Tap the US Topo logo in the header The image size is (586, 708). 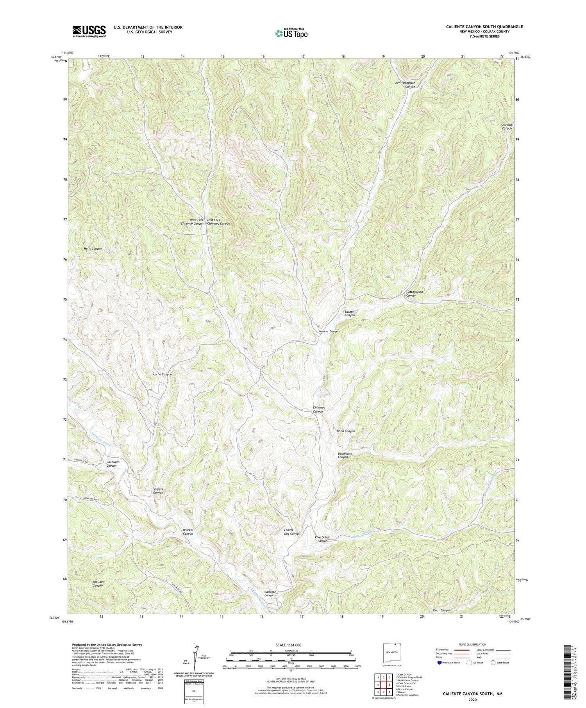coord(291,34)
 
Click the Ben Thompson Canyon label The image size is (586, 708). coord(405,85)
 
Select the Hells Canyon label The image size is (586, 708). coord(93,249)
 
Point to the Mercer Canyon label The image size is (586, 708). coord(327,331)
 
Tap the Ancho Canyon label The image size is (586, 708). coord(162,375)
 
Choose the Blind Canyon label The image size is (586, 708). coord(346,431)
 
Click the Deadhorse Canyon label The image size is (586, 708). coord(344,455)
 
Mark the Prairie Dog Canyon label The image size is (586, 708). coord(292,531)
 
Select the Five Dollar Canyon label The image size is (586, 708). coord(322,539)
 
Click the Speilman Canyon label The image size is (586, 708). coord(98,584)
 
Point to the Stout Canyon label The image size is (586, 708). coord(441,610)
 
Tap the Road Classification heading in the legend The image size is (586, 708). coord(473,644)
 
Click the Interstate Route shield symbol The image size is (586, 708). coord(440,663)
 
